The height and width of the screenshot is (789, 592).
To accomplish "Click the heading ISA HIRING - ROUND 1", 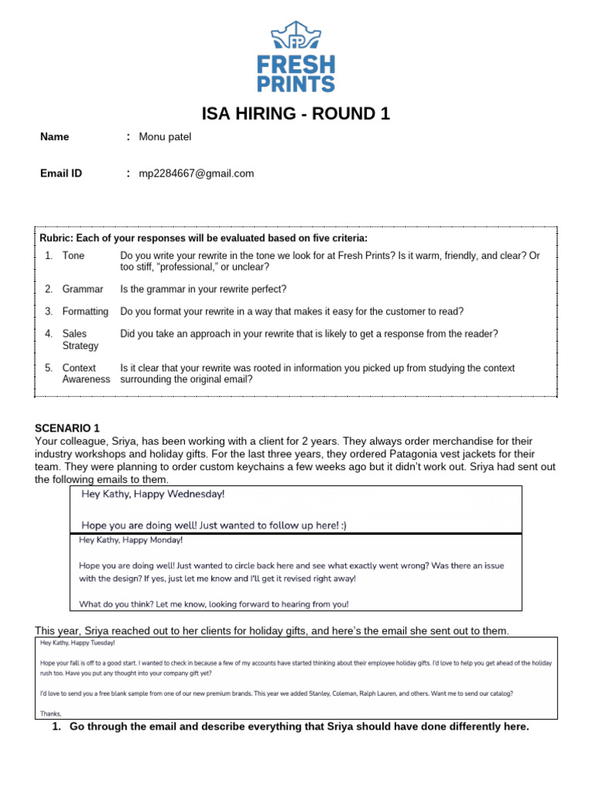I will pos(296,114).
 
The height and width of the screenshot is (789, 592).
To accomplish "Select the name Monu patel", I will pos(165,137).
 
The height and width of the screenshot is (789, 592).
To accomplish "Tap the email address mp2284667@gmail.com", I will pos(196,173).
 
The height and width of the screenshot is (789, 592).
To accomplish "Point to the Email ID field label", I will pos(61,173).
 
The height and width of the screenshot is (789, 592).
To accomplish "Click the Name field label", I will pos(55,137).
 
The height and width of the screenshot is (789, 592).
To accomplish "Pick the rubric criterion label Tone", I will pos(74,255).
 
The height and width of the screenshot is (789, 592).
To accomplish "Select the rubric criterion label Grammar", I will pos(82,289).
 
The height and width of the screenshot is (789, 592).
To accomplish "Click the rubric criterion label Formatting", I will pos(86,311).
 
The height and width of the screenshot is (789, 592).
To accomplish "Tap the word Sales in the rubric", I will pos(75,334).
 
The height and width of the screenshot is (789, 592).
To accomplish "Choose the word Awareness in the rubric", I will pos(86,379).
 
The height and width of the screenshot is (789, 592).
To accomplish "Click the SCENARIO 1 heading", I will pos(68,428).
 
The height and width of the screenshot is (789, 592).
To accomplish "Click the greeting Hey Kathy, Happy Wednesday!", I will pos(153,494).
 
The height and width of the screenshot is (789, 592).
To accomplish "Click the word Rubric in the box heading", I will pos(55,238).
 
